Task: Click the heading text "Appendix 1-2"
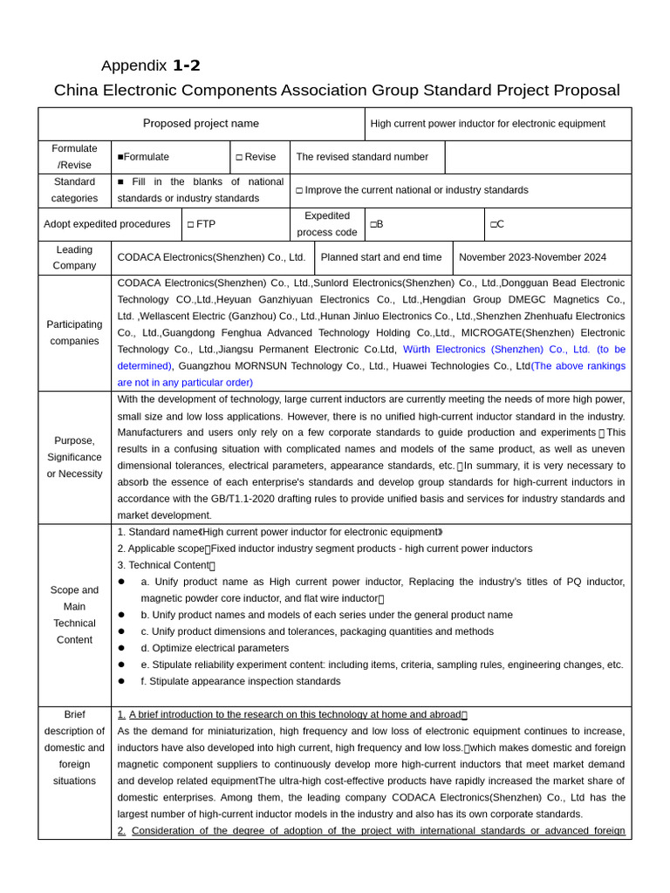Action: pos(150,65)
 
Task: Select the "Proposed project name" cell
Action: pos(201,124)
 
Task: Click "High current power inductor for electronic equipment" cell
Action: pos(487,124)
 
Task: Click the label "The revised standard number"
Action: pos(362,157)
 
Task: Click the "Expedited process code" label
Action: pos(327,224)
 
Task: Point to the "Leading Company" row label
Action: pos(74,257)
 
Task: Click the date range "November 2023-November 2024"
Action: pos(532,257)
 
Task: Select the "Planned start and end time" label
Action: pos(381,257)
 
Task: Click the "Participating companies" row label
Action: pos(74,332)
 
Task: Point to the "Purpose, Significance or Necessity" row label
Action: pos(74,457)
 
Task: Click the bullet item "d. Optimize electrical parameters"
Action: pos(215,648)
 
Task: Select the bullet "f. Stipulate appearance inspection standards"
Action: pos(240,681)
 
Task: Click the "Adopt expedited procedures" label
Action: pos(107,224)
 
